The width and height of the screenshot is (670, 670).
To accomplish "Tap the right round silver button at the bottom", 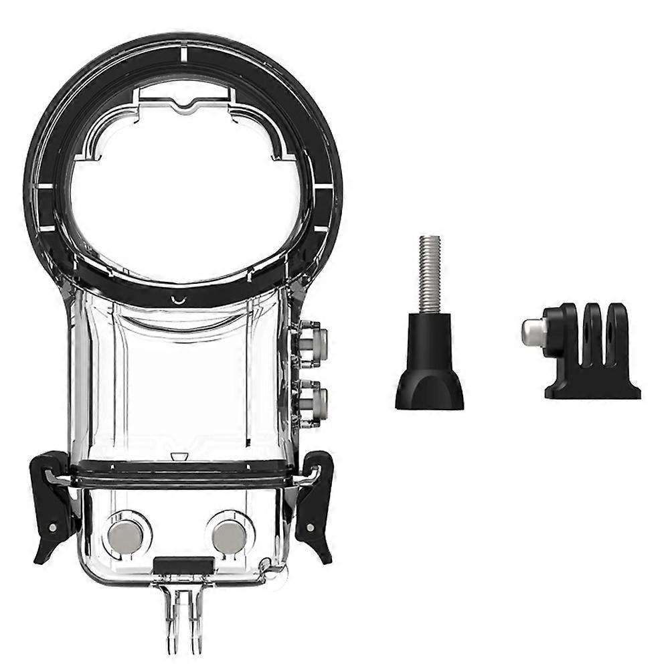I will click(x=229, y=536).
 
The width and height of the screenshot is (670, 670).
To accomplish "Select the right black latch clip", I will click(x=315, y=502).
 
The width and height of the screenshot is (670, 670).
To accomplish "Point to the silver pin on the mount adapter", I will click(x=532, y=332).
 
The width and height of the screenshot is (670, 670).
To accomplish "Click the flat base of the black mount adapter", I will click(x=592, y=390).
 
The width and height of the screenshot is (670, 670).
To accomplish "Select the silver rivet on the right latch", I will click(x=311, y=528).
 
